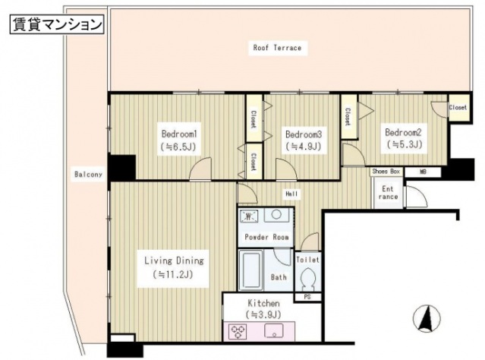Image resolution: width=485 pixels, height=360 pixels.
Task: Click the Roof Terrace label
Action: pos(277,48)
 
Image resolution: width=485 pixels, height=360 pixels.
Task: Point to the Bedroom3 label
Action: pos(303,131)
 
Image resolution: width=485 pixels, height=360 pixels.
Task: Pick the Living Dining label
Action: pos(174,261)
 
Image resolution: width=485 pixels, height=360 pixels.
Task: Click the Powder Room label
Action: pos(266,236)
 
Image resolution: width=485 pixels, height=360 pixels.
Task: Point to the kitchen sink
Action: pos(275,330)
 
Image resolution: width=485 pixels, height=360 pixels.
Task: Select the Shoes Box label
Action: pos(386,172)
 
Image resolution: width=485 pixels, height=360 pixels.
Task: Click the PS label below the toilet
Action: pos(307,296)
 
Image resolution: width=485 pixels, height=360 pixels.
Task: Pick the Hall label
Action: pos(290,193)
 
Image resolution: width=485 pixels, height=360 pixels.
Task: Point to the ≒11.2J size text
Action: pos(174,274)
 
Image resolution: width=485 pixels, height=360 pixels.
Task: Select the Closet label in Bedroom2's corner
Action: pos(458,108)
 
